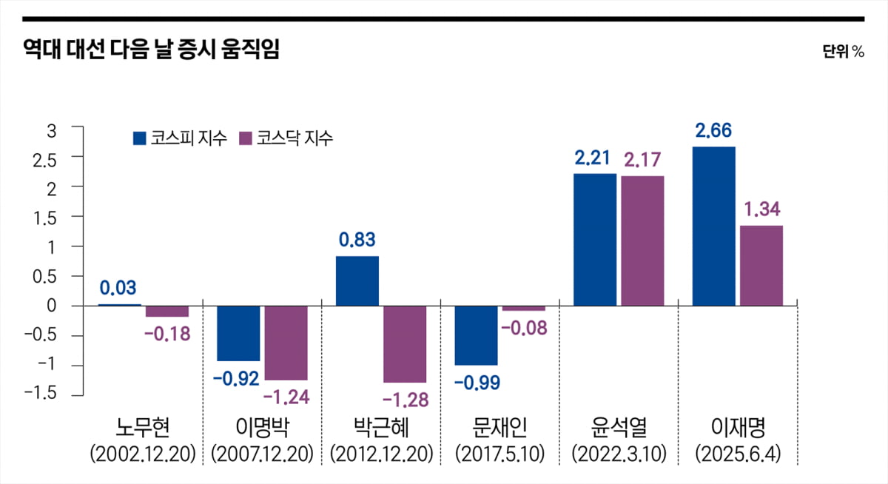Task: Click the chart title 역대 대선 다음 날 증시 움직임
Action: pyautogui.click(x=151, y=50)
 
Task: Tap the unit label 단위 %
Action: pyautogui.click(x=842, y=52)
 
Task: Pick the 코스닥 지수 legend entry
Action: pyautogui.click(x=286, y=138)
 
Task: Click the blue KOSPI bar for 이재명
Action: pyautogui.click(x=713, y=226)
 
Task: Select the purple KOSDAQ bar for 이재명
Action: pyautogui.click(x=761, y=266)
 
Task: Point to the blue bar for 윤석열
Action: pyautogui.click(x=595, y=239)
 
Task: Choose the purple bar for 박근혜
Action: pyautogui.click(x=405, y=343)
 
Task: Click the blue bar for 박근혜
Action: pyautogui.click(x=357, y=280)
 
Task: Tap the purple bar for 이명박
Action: pyautogui.click(x=286, y=342)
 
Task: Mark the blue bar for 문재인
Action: pyautogui.click(x=476, y=335)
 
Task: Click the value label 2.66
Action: pyautogui.click(x=713, y=132)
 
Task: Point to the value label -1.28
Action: pyautogui.click(x=406, y=400)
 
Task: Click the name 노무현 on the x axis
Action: pyautogui.click(x=143, y=427)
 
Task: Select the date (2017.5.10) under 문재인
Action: pyautogui.click(x=499, y=453)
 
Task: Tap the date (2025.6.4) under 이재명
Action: pyautogui.click(x=737, y=453)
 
